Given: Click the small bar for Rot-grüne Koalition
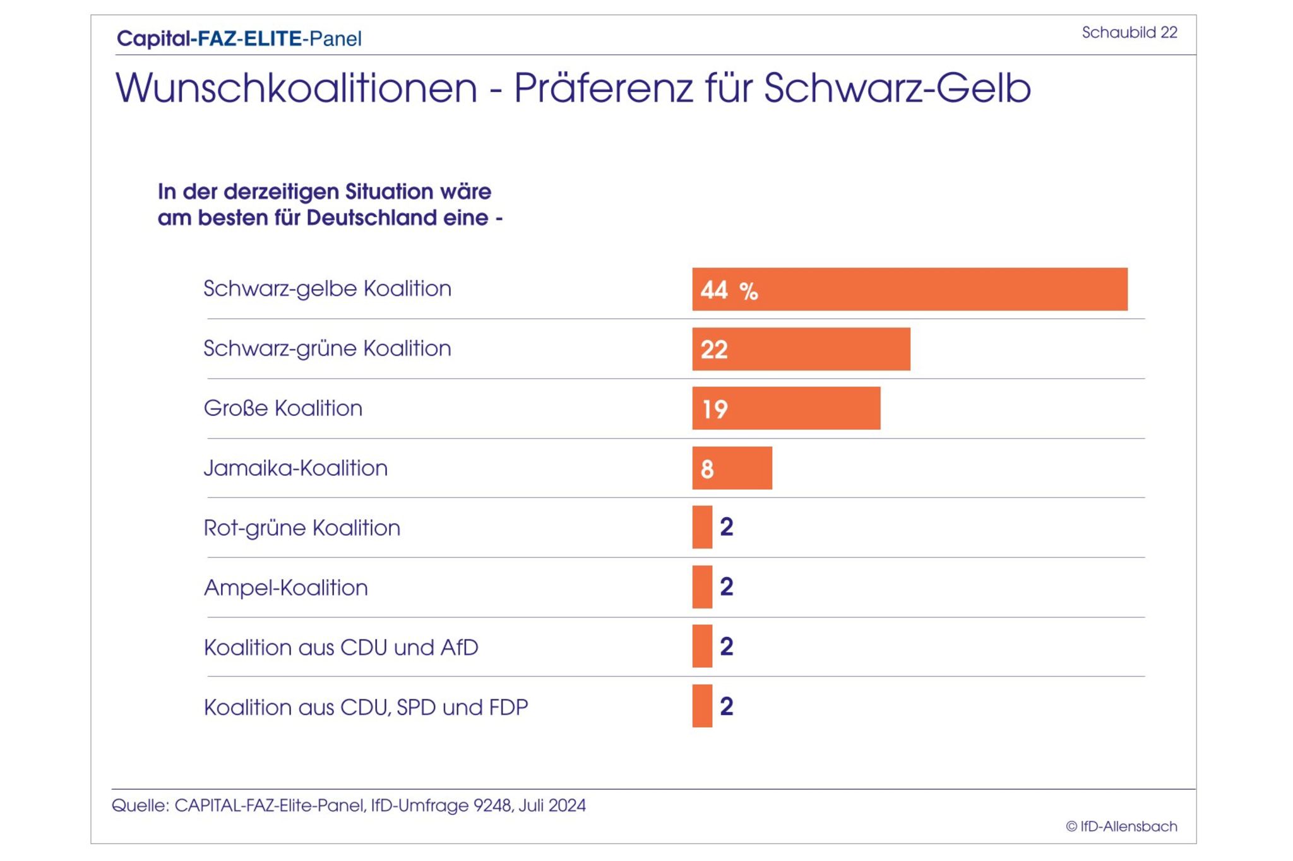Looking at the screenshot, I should pos(702,527).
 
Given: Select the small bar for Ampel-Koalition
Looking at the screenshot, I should pos(702,587).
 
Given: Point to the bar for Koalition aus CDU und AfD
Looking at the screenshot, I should pos(702,646).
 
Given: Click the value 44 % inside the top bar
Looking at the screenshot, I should pos(729,290).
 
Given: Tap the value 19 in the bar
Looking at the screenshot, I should pos(715,410).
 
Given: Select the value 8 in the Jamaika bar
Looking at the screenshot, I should pos(707,469).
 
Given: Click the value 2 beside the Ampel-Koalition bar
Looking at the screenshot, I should pos(727,586).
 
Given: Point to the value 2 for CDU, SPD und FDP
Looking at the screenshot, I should pos(727,706).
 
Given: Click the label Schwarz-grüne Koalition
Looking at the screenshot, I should pos(327,348).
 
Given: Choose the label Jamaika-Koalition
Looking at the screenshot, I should pos(295,468).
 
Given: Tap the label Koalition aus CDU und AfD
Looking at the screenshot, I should pos(341,648).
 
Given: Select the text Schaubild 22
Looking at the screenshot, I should pos(1129,32).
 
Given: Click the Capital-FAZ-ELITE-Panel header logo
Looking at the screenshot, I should pos(239,39).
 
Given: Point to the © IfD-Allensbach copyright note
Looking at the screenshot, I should pos(1121,826).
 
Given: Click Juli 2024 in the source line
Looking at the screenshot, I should pos(552,805).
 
